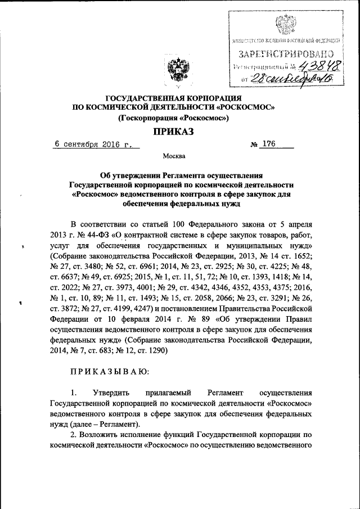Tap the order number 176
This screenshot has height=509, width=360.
tap(267, 145)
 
